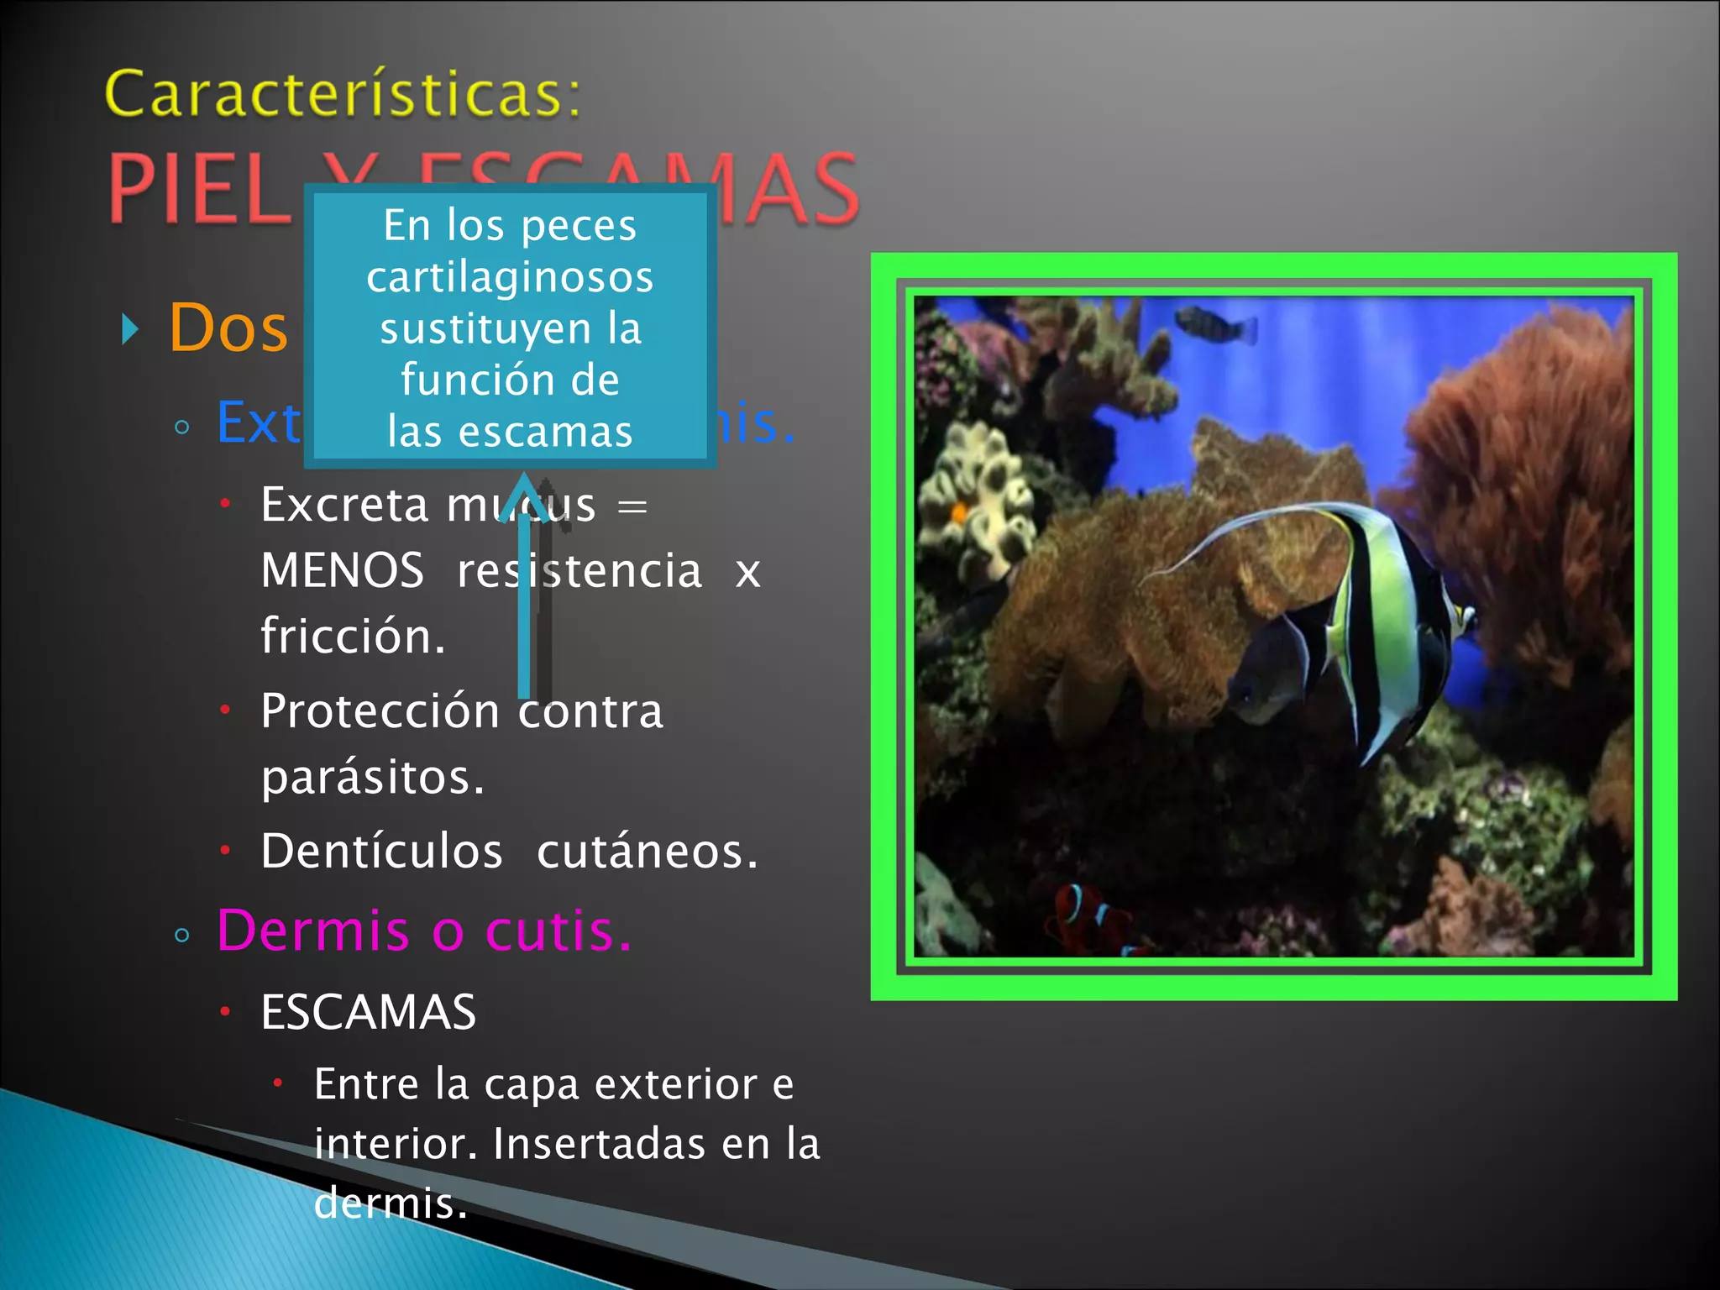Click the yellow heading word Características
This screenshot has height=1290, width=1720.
coord(342,94)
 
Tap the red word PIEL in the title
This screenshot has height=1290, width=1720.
coord(198,190)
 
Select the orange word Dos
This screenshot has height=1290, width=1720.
coord(228,328)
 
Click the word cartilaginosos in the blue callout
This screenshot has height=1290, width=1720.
coord(510,277)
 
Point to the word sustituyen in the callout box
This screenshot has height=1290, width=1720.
coord(485,328)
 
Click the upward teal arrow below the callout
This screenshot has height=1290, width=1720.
coord(524,588)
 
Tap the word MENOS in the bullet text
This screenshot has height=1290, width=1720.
coord(342,570)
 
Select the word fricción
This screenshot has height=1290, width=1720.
coord(353,636)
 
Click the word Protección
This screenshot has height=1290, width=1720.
coord(380,711)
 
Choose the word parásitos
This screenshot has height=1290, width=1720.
coord(373,777)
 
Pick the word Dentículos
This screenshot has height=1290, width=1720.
coord(381,852)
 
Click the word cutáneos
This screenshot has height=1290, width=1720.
coord(647,852)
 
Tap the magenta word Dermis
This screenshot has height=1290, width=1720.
coord(312,931)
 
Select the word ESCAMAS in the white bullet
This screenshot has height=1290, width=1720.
coord(368,1012)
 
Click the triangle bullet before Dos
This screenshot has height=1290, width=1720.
coord(129,329)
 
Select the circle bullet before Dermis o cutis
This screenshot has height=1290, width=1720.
coord(182,935)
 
